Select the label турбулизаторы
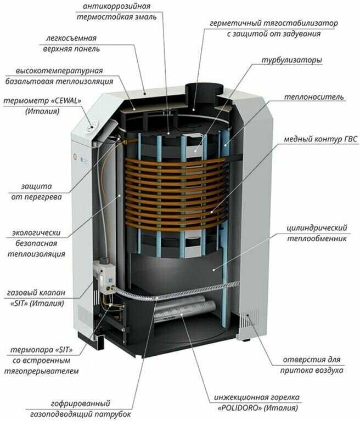[292, 60]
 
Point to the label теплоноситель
[314, 97]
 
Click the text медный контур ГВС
[320, 139]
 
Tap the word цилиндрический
[317, 228]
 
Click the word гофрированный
[80, 403]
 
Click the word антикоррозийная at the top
[116, 7]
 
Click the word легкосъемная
[71, 38]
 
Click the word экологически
[36, 232]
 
